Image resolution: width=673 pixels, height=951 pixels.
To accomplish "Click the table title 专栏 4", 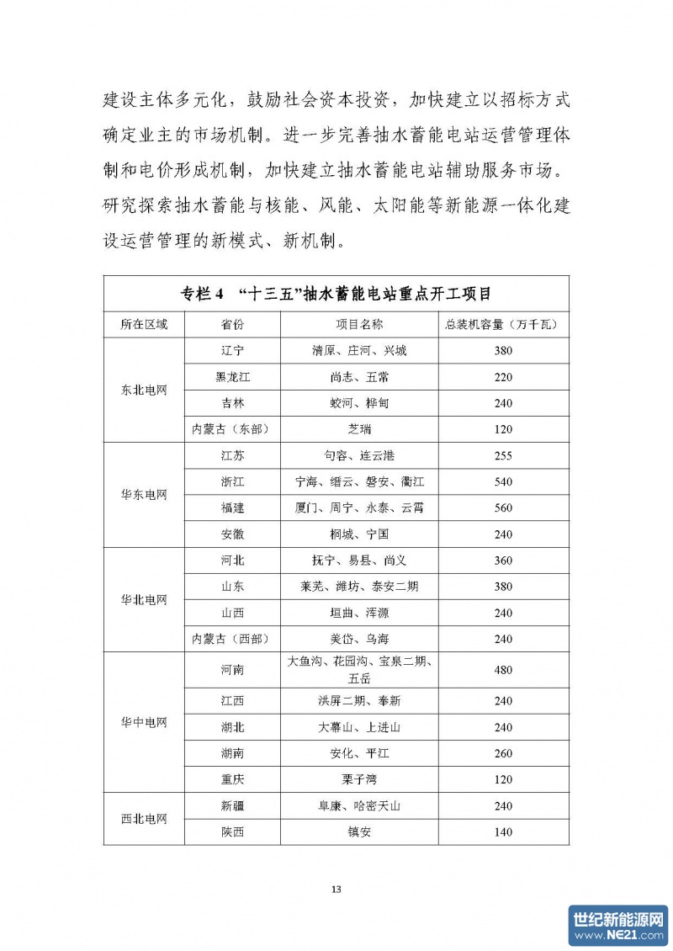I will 336,294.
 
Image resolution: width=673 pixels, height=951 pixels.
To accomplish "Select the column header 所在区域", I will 144,325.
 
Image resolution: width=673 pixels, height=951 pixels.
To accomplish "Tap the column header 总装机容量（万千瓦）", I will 503,325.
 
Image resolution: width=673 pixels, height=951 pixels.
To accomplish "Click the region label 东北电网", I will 144,390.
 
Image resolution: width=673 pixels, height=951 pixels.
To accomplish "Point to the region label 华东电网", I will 144,495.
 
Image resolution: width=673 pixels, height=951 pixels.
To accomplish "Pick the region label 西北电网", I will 144,819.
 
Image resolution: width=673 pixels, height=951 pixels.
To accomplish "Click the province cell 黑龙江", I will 232,377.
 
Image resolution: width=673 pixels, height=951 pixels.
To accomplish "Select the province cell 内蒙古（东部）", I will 232,429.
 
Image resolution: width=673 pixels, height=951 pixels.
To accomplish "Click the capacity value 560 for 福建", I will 503,508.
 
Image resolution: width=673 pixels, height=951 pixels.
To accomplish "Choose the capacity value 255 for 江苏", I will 503,456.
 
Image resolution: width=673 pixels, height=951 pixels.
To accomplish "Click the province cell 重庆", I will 232,779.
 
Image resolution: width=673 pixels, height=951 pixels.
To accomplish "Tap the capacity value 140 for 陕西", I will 503,832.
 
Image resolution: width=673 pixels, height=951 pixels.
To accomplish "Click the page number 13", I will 336,890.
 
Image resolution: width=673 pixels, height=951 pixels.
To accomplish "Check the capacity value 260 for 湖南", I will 503,752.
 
